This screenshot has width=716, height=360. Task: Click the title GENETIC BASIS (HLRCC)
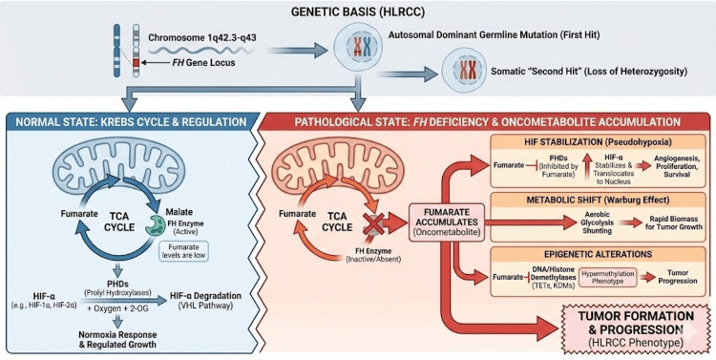click(358, 12)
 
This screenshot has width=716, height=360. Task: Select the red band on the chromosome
click(136, 63)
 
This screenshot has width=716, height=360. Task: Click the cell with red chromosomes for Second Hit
click(463, 73)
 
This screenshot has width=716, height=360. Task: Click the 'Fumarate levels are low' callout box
click(182, 251)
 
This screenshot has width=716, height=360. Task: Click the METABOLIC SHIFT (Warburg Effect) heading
click(597, 200)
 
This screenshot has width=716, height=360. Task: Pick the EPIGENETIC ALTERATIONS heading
click(598, 254)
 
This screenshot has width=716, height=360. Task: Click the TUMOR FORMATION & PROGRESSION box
click(635, 328)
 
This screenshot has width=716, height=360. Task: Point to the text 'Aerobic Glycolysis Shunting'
click(598, 222)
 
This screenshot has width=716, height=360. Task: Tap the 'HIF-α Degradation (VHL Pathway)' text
click(205, 300)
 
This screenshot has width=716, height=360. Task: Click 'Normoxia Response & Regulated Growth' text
click(117, 339)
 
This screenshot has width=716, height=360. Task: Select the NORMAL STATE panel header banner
click(130, 122)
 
